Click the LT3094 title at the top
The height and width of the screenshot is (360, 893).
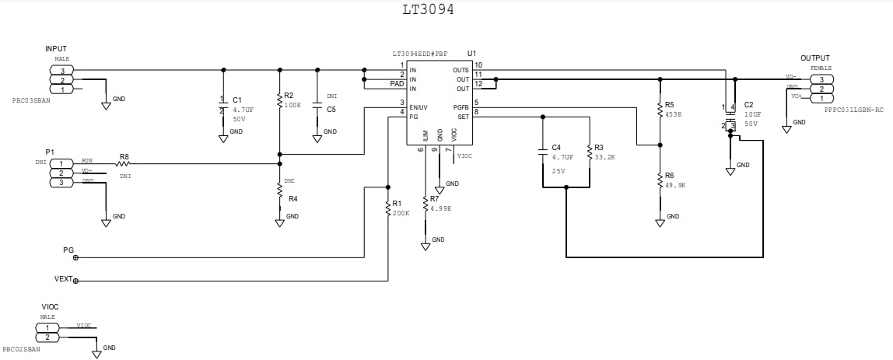point(428,10)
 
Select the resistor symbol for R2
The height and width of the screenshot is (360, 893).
point(279,100)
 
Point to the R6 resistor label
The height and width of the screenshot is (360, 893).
point(670,175)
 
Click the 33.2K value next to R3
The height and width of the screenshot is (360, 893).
point(605,157)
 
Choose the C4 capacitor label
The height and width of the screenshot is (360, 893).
point(556,147)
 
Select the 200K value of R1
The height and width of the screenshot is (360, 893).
point(401,213)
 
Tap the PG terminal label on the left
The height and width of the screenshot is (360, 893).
point(68,250)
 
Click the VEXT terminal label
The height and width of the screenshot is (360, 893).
point(63,279)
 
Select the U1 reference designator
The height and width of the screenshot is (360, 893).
point(471,53)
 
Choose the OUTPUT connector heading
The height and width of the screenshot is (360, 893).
point(814,58)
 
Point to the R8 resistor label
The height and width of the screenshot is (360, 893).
point(124,156)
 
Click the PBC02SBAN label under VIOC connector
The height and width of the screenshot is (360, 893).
point(22,349)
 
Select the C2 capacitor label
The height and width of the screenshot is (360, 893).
point(748,104)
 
